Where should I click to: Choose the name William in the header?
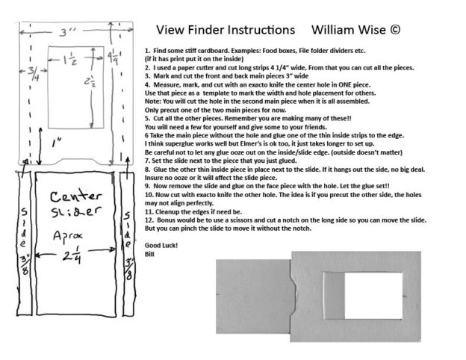pyautogui.click(x=332, y=31)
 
